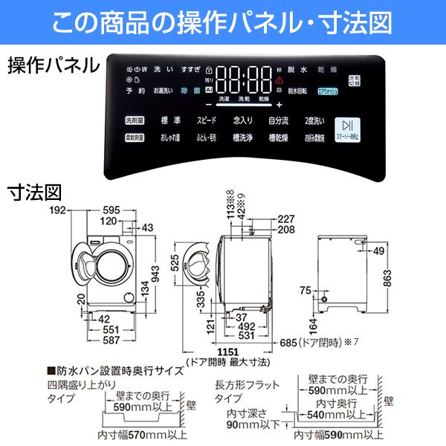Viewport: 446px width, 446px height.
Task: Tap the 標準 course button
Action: click(171, 120)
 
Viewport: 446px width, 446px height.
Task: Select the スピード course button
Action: click(207, 120)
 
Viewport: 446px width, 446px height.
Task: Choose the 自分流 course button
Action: click(279, 120)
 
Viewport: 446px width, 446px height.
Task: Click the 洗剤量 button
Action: click(134, 120)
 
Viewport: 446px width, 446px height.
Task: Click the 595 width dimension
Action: click(111, 210)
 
